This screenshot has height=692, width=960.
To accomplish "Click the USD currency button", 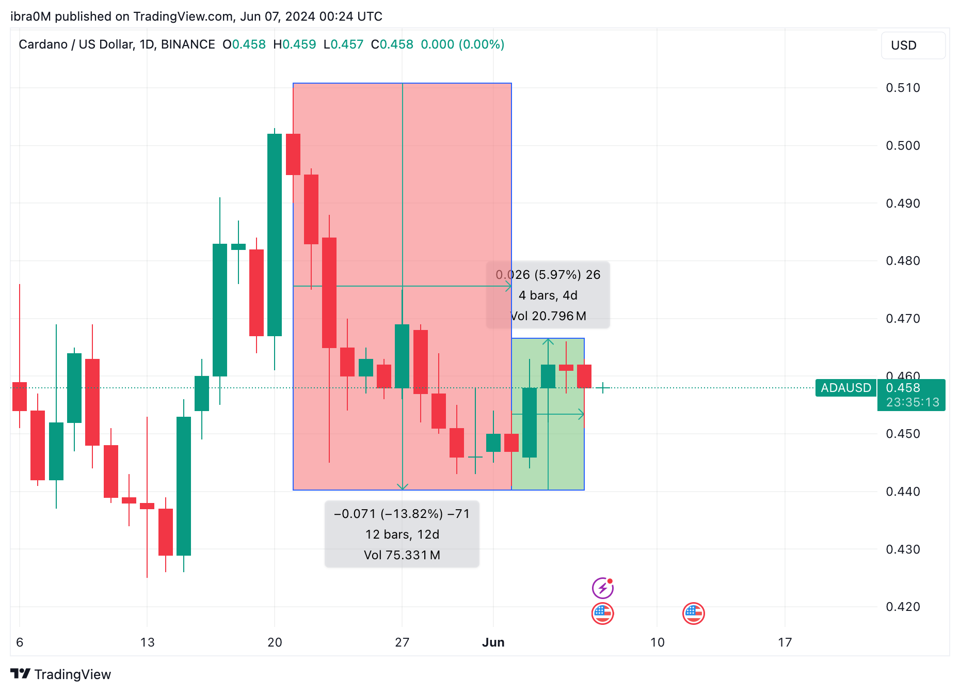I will [x=913, y=45].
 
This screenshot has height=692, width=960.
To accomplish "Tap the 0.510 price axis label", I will [x=903, y=88].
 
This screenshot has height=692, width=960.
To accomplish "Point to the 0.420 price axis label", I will [x=903, y=607].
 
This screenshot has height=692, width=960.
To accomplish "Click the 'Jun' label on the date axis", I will [x=493, y=642].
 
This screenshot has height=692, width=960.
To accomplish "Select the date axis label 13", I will [x=147, y=642].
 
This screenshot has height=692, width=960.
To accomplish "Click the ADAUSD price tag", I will [x=845, y=388].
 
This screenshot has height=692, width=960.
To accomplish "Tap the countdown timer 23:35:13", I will [x=912, y=402].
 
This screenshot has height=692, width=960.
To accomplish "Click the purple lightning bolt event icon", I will [x=602, y=588].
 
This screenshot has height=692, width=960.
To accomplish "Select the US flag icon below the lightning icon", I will [x=602, y=614].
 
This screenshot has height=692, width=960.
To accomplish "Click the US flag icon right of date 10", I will [x=693, y=614].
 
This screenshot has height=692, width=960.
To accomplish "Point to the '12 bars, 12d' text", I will [x=402, y=534].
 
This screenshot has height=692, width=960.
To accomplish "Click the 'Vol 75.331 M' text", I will [x=402, y=555].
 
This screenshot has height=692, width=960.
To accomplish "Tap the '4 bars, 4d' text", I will [x=548, y=295].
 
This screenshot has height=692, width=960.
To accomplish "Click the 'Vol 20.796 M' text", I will [x=548, y=316].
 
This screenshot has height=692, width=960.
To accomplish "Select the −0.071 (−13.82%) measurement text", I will [x=402, y=514].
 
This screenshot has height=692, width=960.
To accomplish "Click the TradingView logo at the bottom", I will [x=61, y=674].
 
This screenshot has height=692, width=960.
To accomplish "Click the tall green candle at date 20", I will [x=275, y=235].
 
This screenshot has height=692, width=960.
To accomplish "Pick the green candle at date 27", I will [x=402, y=356].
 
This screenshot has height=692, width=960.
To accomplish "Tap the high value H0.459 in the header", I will [x=294, y=44].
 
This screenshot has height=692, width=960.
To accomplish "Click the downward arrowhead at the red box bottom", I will [x=403, y=486].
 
